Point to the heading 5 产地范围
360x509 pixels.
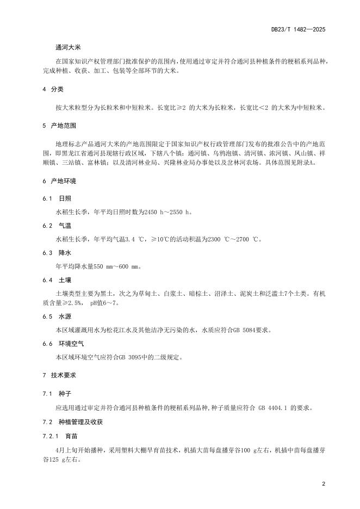pyautogui.click(x=57, y=126)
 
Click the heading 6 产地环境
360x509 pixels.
pyautogui.click(x=57, y=181)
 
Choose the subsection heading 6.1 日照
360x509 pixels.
pyautogui.click(x=56, y=198)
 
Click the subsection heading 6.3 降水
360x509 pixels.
pyautogui.click(x=56, y=253)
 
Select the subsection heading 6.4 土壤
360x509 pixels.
pyautogui.click(x=56, y=280)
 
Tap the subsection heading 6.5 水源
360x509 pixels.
pyautogui.click(x=56, y=316)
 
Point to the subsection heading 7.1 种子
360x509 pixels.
pyautogui.click(x=56, y=394)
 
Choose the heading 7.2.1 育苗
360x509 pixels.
pyautogui.click(x=60, y=436)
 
